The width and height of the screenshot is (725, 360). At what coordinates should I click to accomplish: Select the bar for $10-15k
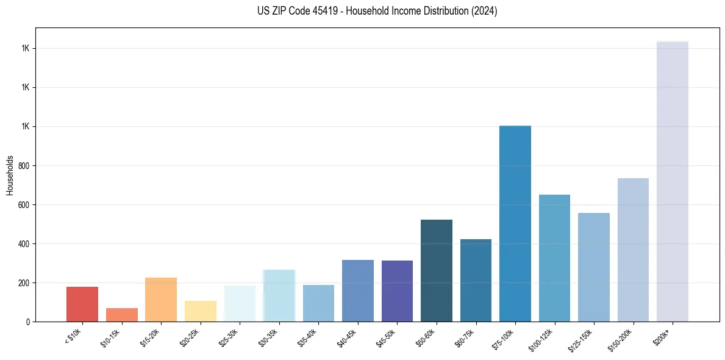coord(121,315)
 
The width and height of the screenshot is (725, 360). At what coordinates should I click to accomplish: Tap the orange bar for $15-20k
coord(161,300)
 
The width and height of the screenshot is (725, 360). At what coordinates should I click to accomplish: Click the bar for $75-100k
coord(515,223)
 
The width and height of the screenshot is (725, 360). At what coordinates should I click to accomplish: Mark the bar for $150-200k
coord(633,250)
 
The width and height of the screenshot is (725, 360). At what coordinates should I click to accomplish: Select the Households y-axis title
coord(10,175)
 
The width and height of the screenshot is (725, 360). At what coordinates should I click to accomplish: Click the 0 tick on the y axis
coord(28,322)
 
